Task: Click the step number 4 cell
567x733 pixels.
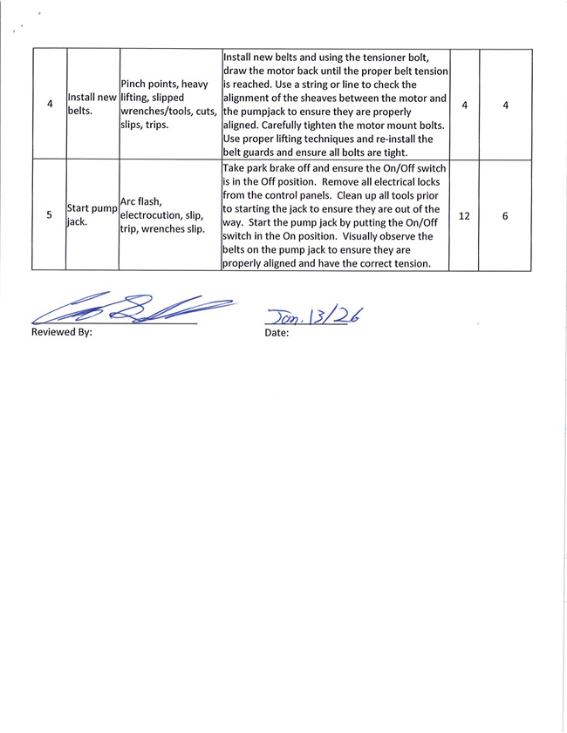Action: (48, 105)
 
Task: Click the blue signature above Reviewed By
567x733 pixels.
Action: (131, 310)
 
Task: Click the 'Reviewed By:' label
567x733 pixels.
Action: (61, 332)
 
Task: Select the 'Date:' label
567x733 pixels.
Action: (277, 332)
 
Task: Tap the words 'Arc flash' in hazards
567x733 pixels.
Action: (140, 202)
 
